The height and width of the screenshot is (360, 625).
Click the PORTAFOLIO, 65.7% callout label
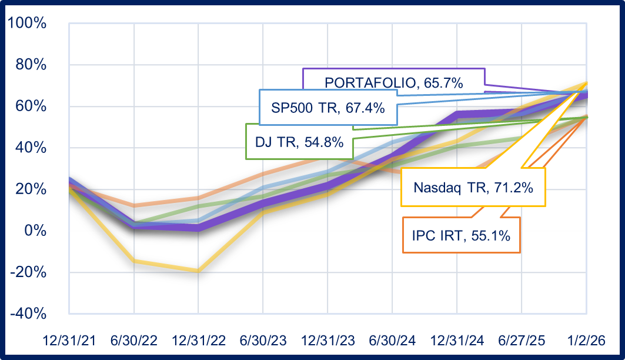point(393,83)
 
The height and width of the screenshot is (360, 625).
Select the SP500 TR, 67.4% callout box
point(327,108)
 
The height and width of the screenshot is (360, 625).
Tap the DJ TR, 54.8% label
point(299,142)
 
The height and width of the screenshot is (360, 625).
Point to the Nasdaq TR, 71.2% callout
point(473,187)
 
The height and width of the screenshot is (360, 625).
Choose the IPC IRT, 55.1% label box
point(461,235)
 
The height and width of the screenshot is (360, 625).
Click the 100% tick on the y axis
point(26,24)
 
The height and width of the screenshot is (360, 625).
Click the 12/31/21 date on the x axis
point(69,341)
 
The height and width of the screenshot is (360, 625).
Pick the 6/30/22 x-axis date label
point(134,341)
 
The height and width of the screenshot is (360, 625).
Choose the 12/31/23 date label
point(327,341)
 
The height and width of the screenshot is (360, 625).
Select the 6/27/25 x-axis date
point(522,341)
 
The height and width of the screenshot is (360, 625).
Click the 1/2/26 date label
point(586,341)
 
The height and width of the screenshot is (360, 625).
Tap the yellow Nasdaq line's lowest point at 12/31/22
point(199,271)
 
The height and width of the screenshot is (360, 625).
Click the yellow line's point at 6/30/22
point(134,261)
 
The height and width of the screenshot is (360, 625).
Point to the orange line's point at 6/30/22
point(134,206)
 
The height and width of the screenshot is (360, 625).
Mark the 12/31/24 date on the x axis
point(457,341)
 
